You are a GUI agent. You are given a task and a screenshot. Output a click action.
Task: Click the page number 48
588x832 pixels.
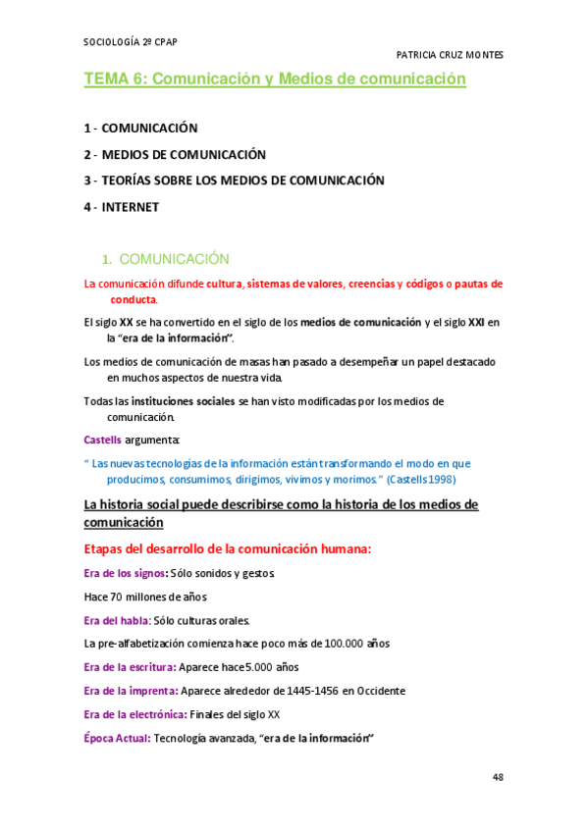pyautogui.click(x=498, y=777)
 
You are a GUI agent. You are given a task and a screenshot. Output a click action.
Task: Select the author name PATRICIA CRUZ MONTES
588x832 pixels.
pyautogui.click(x=449, y=56)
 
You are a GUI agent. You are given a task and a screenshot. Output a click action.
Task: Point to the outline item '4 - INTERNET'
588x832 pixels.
pyautogui.click(x=122, y=207)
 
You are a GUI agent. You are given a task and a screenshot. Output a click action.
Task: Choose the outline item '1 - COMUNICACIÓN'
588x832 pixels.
pyautogui.click(x=141, y=129)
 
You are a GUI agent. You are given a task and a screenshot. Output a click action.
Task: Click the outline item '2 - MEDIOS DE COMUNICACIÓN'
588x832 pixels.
pyautogui.click(x=175, y=155)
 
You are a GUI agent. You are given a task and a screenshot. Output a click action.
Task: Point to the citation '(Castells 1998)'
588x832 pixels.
pyautogui.click(x=421, y=480)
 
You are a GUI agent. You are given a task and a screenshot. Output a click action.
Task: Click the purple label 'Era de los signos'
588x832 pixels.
pyautogui.click(x=125, y=573)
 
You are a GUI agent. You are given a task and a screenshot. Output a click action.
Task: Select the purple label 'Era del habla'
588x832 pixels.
pyautogui.click(x=117, y=620)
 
